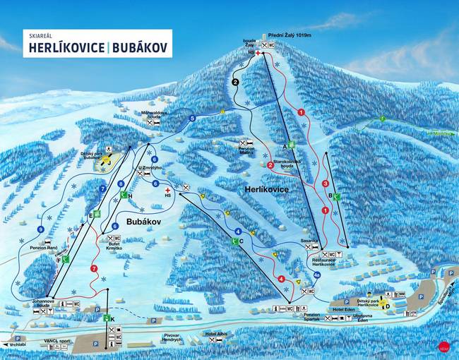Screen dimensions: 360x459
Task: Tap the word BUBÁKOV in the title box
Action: click(139, 47)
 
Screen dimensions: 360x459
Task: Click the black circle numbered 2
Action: click(236, 82)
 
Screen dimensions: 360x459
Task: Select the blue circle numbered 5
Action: click(192, 119)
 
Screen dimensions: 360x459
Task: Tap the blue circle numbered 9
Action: click(42, 229)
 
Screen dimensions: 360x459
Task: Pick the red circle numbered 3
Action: click(326, 184)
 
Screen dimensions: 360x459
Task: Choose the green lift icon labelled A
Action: click(290, 145)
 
